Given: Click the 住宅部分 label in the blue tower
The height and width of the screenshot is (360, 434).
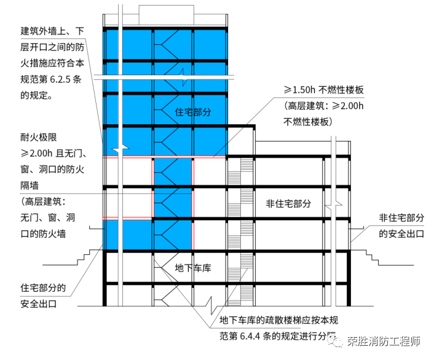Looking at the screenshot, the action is (193, 112).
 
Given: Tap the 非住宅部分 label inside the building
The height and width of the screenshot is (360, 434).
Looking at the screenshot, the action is (288, 202).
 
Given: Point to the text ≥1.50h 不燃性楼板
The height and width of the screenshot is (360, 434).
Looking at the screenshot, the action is (324, 90).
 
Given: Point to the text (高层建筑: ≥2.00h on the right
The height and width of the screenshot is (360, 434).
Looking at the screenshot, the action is (324, 106).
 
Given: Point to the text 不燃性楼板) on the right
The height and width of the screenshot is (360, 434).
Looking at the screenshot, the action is (307, 122).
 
